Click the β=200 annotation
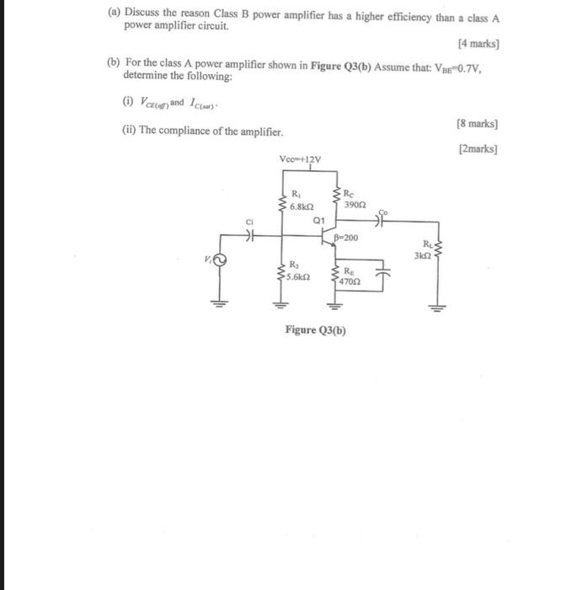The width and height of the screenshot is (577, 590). [x=345, y=238]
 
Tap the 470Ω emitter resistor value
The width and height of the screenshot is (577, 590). [x=349, y=282]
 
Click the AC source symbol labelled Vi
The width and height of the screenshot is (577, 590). [x=221, y=260]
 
